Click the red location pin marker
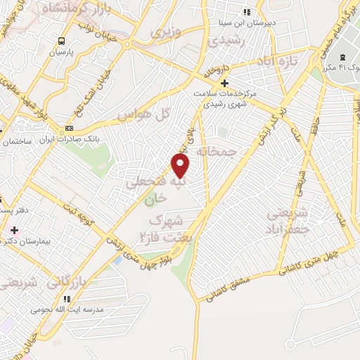pyautogui.click(x=181, y=165)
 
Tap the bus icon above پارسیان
pyautogui.click(x=62, y=41)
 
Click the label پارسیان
pyautogui.click(x=62, y=52)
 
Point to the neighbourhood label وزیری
pyautogui.click(x=168, y=32)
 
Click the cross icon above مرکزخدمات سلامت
pyautogui.click(x=224, y=82)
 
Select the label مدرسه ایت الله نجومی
pyautogui.click(x=67, y=309)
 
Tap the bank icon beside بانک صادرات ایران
pyautogui.click(x=69, y=128)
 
